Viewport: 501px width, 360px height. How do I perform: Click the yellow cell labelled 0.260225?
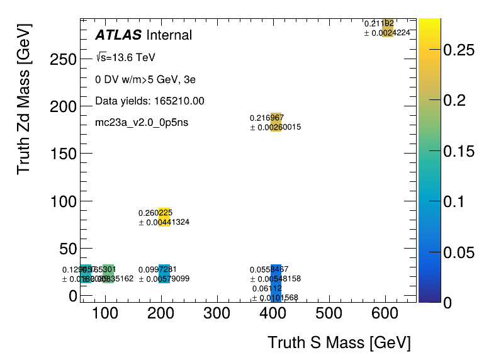tap(164, 217)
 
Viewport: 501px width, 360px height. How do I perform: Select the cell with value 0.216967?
tap(276, 122)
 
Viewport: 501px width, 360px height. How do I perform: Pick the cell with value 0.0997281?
tap(164, 274)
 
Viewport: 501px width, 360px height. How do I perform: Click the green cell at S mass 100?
tap(108, 274)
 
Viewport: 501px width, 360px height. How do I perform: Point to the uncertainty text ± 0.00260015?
tap(276, 127)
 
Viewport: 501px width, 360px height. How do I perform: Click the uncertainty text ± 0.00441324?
tap(164, 222)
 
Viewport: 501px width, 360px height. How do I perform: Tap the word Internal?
tap(169, 35)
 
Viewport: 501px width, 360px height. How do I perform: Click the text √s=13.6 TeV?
tap(125, 58)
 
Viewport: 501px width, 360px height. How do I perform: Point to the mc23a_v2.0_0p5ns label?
tap(142, 122)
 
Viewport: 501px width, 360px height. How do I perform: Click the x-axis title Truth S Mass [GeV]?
tap(339, 343)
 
